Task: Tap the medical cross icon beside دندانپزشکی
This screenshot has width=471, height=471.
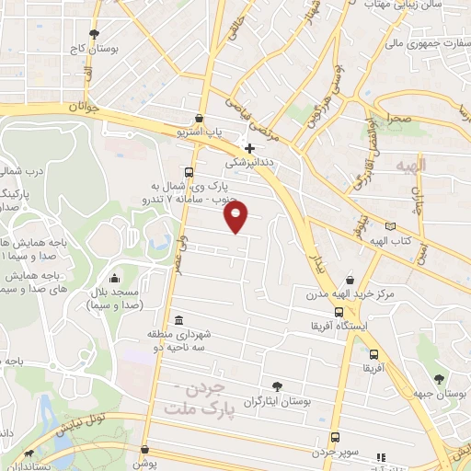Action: [x=249, y=147]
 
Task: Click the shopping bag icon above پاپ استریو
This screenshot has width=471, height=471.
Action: [x=200, y=119]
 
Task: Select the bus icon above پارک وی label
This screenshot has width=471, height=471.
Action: [x=189, y=172]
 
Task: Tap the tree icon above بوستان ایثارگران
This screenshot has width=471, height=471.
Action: [x=277, y=387]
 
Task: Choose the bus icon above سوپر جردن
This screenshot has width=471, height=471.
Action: [x=335, y=437]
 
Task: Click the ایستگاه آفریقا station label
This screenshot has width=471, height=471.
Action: [x=342, y=325]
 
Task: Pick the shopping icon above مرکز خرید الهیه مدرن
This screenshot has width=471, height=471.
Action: [x=350, y=279]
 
